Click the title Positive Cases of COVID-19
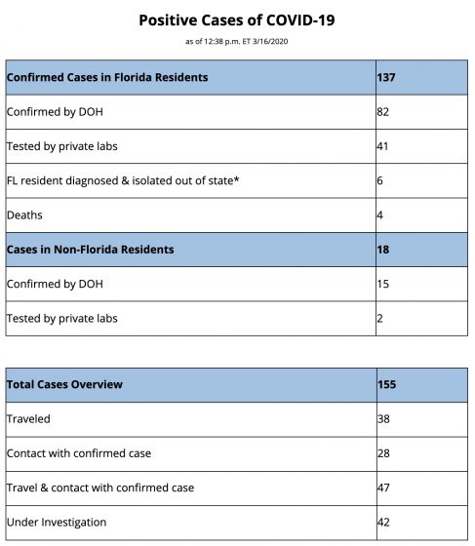[237, 19]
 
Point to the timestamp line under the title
[237, 40]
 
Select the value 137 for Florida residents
[387, 76]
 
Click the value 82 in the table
[383, 111]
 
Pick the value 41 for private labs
[383, 146]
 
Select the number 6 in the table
[380, 181]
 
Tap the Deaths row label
[24, 215]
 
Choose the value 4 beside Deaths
[380, 215]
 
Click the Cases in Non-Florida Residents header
[90, 250]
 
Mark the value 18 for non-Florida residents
[383, 250]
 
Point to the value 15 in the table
[383, 284]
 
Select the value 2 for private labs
[380, 319]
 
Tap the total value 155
[387, 384]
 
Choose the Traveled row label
[28, 418]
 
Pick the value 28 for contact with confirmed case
[383, 453]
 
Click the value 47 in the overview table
[383, 487]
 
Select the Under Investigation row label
[57, 523]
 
